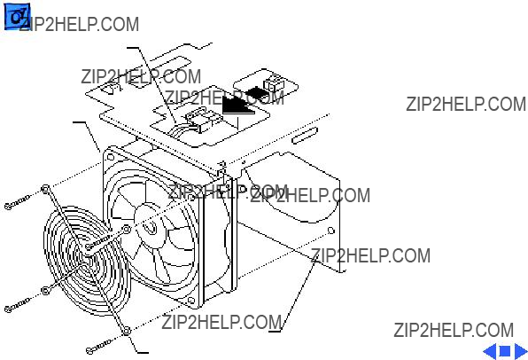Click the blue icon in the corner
(x=17, y=17)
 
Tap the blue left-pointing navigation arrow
(x=490, y=351)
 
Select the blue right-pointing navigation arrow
(x=521, y=351)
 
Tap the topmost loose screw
(x=18, y=202)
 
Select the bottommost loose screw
(x=99, y=347)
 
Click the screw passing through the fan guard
(x=98, y=242)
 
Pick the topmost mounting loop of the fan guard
(x=45, y=190)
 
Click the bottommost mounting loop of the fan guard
(x=127, y=332)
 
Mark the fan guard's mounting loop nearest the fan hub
(x=127, y=230)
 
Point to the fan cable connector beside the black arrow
(x=203, y=120)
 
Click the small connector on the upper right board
(x=274, y=83)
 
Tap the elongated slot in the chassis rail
(x=305, y=136)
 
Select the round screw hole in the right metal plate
(x=331, y=231)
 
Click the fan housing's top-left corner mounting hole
(x=110, y=157)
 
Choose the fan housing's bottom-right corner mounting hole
(x=191, y=301)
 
